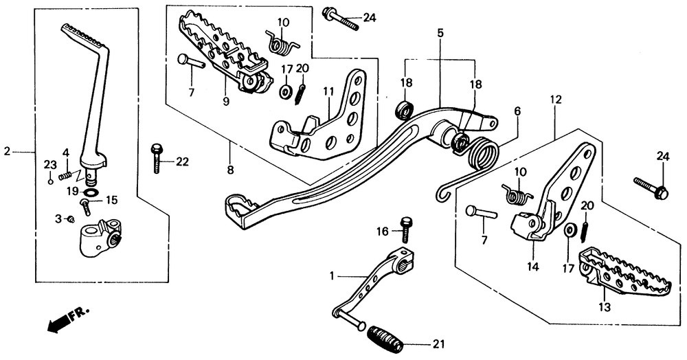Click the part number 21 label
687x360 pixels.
(438, 344)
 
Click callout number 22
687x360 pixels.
(181, 162)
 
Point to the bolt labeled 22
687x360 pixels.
(157, 158)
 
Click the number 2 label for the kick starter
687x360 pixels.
(7, 150)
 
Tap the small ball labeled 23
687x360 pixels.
(50, 181)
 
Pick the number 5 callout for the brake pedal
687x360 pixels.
(440, 32)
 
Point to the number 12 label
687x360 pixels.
(555, 100)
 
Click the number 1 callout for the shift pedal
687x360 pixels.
(333, 276)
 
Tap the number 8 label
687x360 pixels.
(230, 169)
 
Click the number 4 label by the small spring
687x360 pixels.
(66, 152)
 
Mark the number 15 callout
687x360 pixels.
(111, 200)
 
